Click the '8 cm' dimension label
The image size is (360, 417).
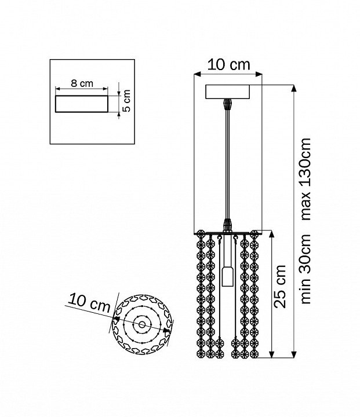[82, 83]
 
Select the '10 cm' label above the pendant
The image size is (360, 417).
[229, 65]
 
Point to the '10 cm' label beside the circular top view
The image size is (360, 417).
[89, 303]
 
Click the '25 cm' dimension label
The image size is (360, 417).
[280, 287]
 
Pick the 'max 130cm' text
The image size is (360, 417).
[306, 179]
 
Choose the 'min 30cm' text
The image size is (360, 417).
[306, 269]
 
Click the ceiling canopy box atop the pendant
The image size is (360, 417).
[228, 92]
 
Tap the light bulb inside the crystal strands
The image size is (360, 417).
[227, 276]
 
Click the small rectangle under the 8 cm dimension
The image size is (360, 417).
[82, 104]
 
